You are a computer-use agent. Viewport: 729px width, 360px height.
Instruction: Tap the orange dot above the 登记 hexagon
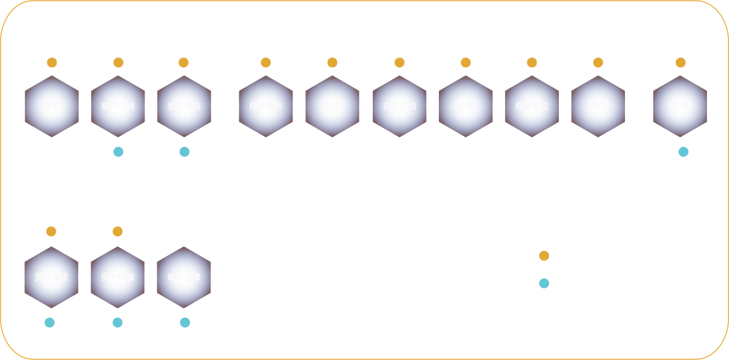coord(52,62)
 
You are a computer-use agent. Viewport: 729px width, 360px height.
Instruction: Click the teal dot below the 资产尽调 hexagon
coord(118,152)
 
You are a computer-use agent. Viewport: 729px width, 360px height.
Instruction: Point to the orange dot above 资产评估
coord(184,62)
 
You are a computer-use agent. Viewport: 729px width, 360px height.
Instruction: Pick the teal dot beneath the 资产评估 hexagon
coord(184,152)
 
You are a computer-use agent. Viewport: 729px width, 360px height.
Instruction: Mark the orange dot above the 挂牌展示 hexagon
coord(266,62)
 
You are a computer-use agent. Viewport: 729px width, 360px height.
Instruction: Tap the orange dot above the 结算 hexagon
coord(466,62)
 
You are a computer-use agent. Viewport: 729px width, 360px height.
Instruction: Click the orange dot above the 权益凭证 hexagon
coord(532,62)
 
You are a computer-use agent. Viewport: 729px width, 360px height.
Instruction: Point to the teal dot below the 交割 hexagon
coord(683,152)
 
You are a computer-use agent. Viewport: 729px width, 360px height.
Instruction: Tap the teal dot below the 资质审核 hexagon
coord(50,323)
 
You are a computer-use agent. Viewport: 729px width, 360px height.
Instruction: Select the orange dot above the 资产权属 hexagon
coord(118,231)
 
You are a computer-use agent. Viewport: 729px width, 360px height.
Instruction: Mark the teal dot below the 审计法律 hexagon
coord(185,323)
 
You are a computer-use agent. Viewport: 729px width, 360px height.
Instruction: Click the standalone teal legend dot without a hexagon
coord(544,283)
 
